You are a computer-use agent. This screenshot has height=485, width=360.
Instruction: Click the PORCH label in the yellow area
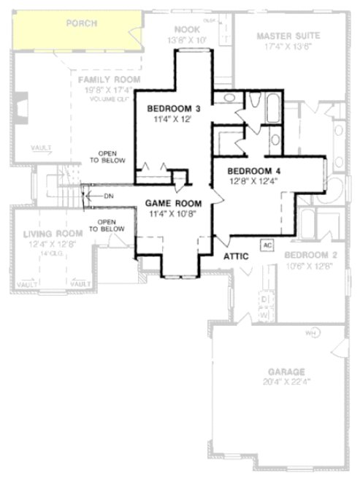pos(82,23)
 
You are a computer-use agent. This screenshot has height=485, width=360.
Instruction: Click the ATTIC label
pos(237,256)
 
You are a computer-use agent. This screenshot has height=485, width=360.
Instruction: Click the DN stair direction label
pos(108,196)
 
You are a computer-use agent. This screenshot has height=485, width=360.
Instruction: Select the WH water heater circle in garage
pos(309,333)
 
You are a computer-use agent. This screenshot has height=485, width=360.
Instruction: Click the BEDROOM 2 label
pos(310,256)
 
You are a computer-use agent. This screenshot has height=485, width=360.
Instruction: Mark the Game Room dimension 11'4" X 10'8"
pos(169,214)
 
